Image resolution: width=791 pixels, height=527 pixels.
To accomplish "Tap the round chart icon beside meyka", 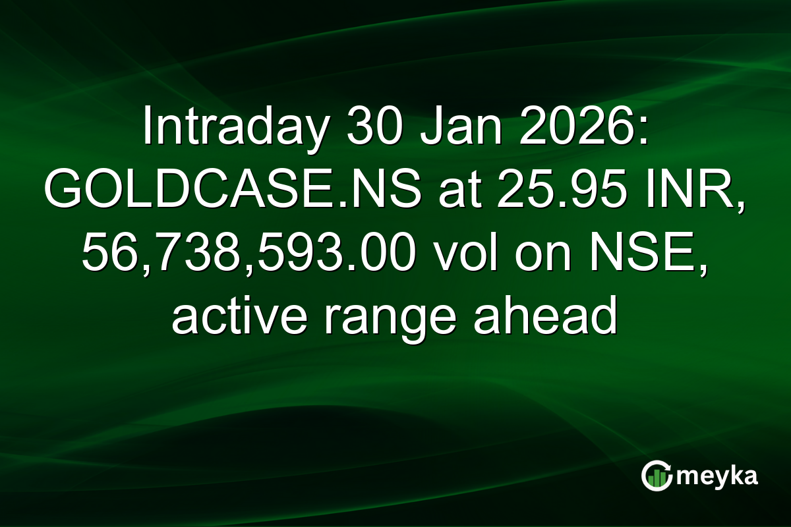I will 657,476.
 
